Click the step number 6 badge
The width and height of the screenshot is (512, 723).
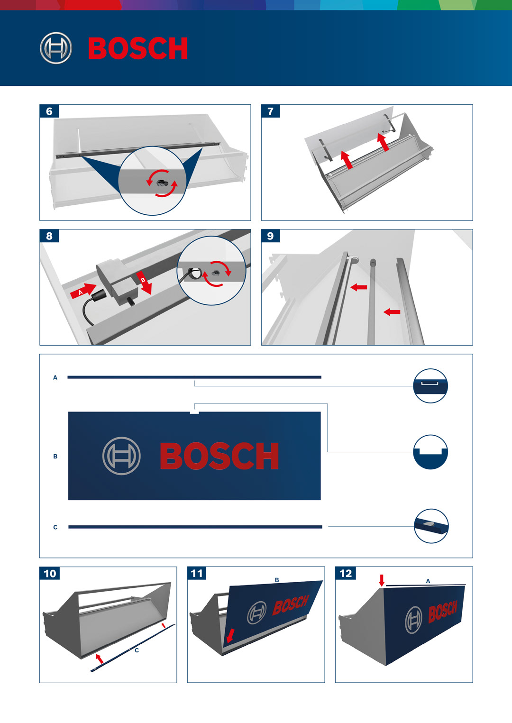[x=49, y=111]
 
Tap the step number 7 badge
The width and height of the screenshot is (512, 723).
[x=271, y=111]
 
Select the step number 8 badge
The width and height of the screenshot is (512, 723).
[x=49, y=236]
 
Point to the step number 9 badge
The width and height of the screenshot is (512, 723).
[x=271, y=236]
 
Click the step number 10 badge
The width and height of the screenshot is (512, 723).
[x=50, y=573]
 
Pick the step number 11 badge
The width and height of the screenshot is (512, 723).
[x=197, y=573]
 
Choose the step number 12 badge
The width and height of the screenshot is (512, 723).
[x=346, y=573]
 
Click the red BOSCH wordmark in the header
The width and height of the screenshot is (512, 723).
[x=138, y=48]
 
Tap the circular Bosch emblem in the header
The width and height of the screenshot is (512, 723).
[x=56, y=48]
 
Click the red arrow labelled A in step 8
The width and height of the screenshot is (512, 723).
[x=83, y=291]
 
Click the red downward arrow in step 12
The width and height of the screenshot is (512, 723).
[x=382, y=580]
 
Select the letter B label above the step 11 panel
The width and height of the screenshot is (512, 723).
[x=277, y=580]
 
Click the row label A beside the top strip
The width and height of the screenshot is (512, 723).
[x=55, y=377]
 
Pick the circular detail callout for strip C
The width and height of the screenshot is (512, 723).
[x=431, y=526]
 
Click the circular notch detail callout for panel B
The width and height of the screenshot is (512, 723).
[x=430, y=452]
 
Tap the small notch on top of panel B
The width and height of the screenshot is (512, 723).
[x=194, y=412]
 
